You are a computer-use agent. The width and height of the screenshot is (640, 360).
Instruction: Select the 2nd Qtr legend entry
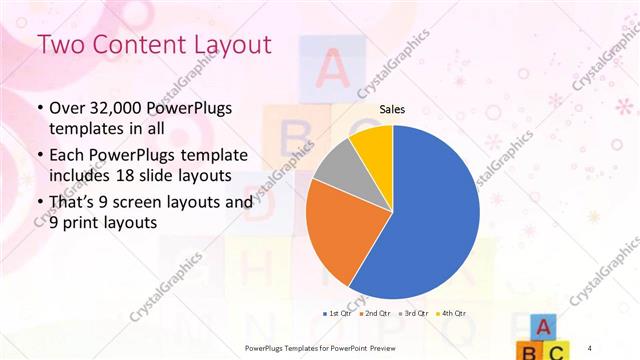(374, 314)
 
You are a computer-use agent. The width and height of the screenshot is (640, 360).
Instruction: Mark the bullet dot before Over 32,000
(39, 109)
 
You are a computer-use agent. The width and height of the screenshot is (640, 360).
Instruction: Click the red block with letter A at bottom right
(541, 326)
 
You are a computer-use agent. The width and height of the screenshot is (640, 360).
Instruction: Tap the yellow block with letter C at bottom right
(559, 351)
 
